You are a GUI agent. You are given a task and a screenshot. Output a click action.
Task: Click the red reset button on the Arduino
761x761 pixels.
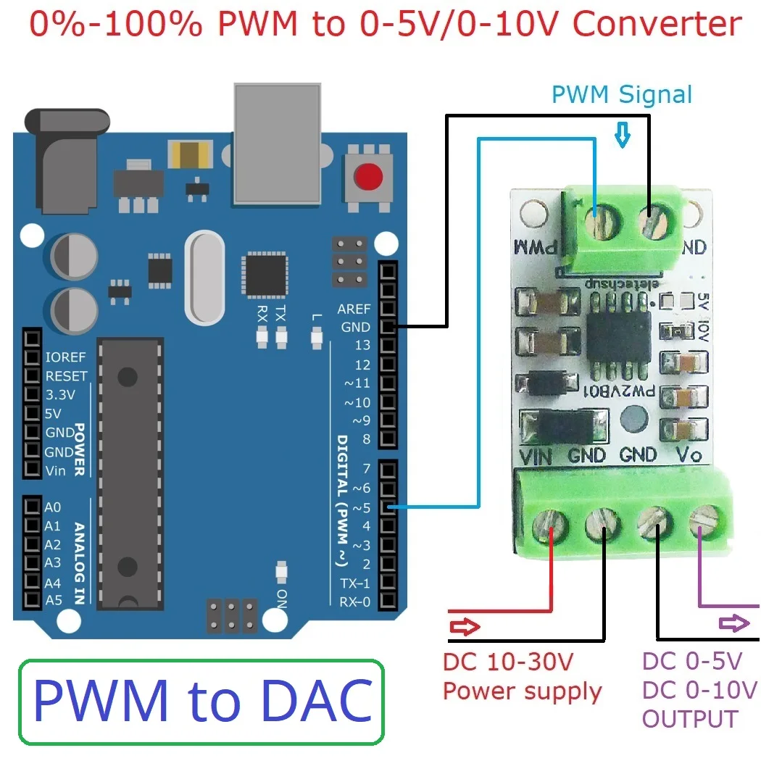(369, 176)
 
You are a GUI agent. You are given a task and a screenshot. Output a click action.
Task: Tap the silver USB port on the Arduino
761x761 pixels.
(277, 143)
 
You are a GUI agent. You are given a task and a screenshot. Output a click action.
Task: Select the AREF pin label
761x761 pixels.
(354, 309)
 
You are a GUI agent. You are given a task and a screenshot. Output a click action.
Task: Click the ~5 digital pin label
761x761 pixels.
(361, 507)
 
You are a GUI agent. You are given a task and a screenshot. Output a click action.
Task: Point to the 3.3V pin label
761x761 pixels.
(60, 395)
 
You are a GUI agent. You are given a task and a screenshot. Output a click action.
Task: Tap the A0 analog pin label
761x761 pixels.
(53, 507)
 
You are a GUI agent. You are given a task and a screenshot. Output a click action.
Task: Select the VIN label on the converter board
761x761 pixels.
(537, 457)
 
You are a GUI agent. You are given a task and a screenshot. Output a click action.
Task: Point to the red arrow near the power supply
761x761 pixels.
(465, 626)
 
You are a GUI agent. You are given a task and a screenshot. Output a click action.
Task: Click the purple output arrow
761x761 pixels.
(735, 623)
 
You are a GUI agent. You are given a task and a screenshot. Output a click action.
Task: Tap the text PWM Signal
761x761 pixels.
(622, 95)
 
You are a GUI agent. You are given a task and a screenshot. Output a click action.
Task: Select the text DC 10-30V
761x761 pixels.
(508, 661)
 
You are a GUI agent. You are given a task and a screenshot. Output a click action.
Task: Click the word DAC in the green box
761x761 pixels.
(317, 701)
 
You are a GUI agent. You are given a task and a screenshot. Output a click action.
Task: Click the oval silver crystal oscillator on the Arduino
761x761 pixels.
(205, 277)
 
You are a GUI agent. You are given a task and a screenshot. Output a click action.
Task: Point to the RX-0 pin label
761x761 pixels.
(355, 602)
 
